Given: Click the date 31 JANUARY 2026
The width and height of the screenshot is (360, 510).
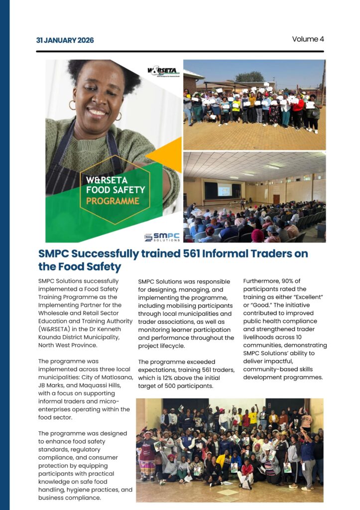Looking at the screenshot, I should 65,40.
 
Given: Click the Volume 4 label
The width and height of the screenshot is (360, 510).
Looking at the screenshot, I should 308,39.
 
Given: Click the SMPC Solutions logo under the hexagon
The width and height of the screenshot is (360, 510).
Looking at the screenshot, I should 162,237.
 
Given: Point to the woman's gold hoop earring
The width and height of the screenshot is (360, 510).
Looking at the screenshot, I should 72,105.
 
